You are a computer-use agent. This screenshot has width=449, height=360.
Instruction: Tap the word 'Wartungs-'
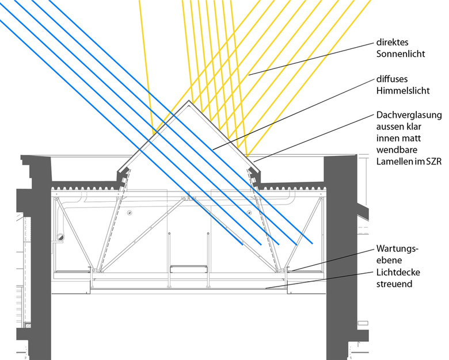[397, 249]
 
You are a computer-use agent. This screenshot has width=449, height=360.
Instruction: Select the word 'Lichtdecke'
[397, 272]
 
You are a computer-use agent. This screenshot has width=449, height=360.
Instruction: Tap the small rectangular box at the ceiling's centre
[189, 269]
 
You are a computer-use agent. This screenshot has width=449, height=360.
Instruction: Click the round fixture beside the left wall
[60, 236]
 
